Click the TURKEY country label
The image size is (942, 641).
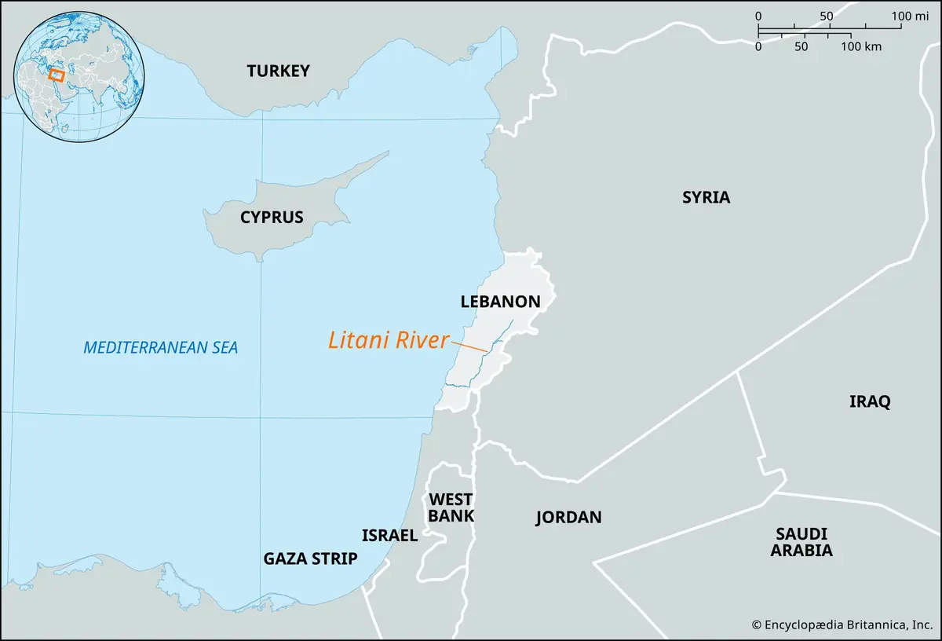pos(278,71)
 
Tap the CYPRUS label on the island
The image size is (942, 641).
pos(272,218)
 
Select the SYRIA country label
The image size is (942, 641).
pos(706,198)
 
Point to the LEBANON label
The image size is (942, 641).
pos(500,302)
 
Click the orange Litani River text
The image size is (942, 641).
pos(388,341)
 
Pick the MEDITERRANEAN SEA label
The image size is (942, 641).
pos(160,347)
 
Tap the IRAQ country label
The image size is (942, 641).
pos(870,402)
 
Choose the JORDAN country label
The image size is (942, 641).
pos(568,518)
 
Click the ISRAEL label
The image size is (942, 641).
pos(389,536)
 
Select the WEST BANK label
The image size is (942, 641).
pos(451,507)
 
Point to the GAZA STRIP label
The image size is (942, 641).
pos(310,559)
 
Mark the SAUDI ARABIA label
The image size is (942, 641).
pos(801,542)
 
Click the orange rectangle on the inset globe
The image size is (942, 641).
pos(56,75)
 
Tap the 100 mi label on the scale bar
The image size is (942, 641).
pos(911,16)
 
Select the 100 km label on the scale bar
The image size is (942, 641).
pos(862,46)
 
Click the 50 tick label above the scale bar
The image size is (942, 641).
pos(826,16)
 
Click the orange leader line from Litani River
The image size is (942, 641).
pos(469,346)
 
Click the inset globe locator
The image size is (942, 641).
pos(82,77)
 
